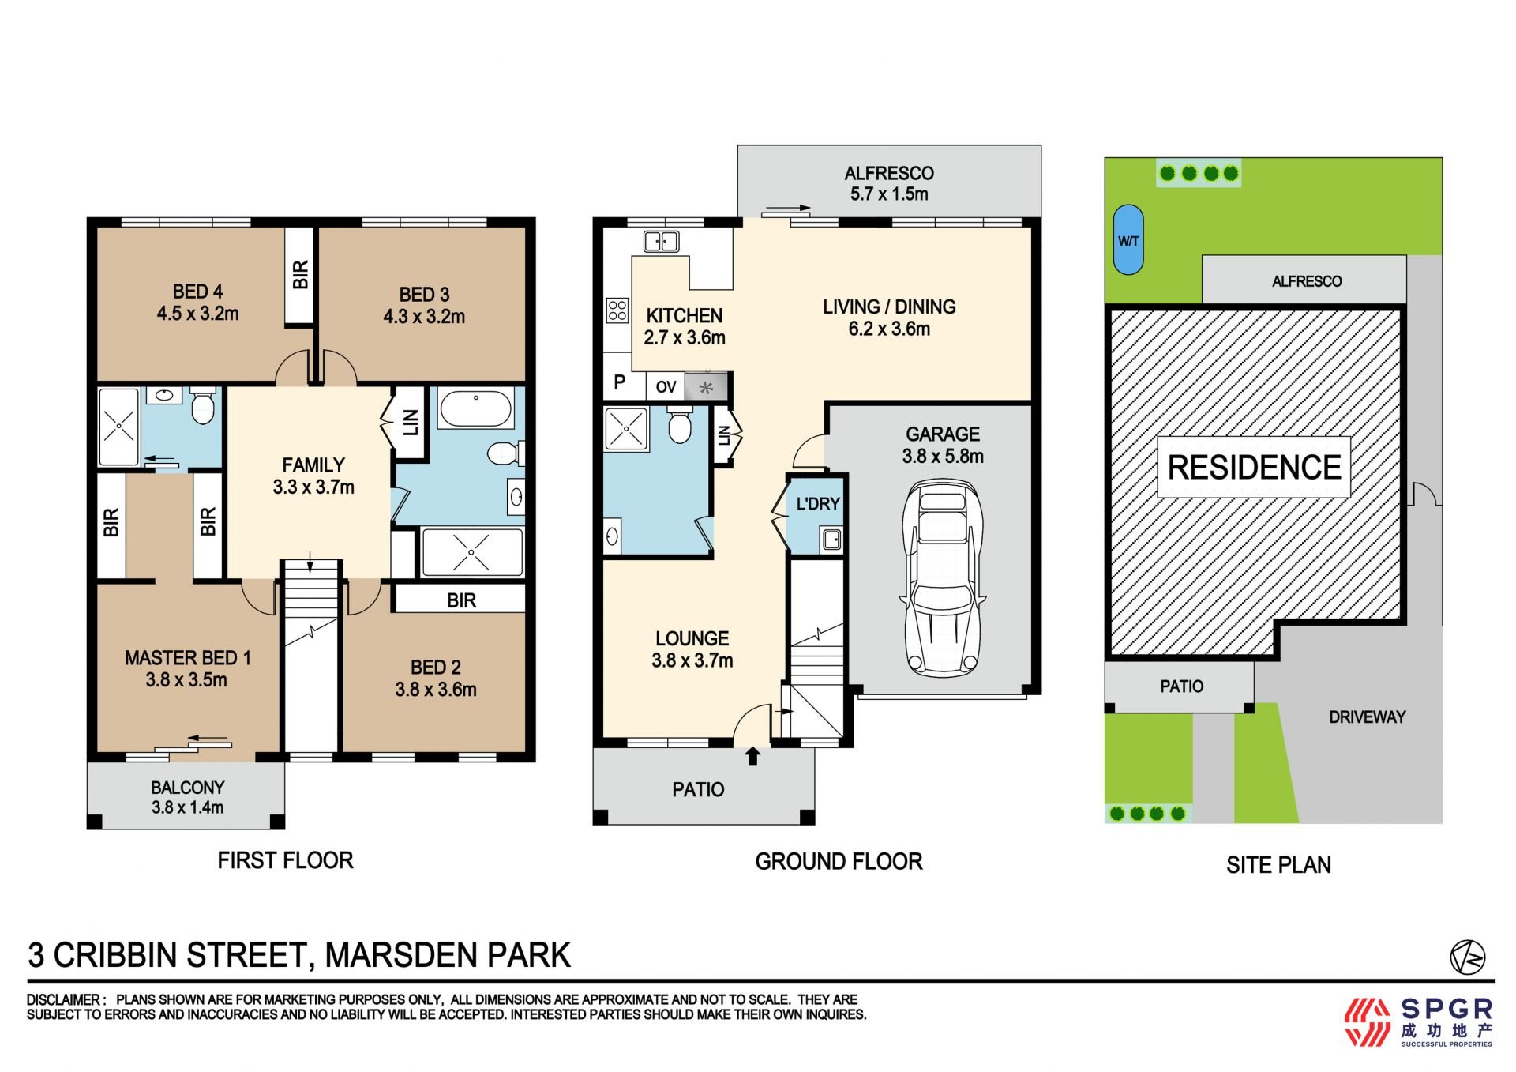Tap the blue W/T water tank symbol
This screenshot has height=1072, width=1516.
point(1128,240)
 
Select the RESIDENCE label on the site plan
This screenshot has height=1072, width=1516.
point(1254,467)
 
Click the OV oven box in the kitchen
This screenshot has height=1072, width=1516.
point(666,386)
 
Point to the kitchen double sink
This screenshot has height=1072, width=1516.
point(661,241)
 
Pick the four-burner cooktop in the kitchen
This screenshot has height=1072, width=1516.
point(617,310)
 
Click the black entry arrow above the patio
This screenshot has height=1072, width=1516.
point(752,756)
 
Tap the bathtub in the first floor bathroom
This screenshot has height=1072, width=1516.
point(476,408)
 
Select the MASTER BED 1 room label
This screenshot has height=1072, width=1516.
point(187,668)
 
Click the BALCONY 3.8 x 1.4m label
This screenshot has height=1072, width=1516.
point(188,797)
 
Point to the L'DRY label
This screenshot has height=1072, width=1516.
point(818,504)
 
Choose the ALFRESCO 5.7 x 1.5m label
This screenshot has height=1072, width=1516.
point(889,183)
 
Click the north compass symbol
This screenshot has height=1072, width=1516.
point(1467,957)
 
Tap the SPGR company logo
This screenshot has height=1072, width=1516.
point(1419,1021)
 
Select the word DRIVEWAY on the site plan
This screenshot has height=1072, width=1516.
point(1367,717)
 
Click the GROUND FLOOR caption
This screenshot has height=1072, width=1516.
point(839,861)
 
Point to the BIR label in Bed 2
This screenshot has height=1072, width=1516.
point(461,600)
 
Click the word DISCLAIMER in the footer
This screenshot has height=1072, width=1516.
point(63,999)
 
